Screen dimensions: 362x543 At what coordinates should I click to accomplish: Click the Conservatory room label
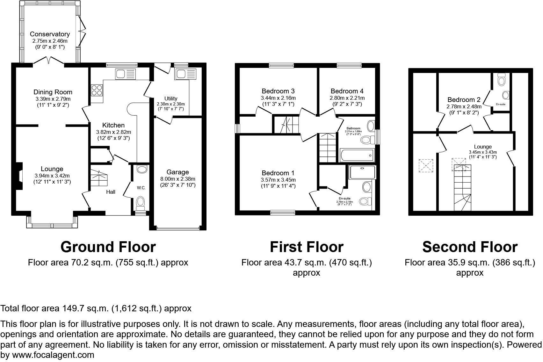pos(50,34)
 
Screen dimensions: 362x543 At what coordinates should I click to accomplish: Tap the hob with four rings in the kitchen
pos(97,90)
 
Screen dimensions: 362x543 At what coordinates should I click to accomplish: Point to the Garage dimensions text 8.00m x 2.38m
pos(177,179)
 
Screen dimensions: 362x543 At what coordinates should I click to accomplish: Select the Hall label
pos(111,192)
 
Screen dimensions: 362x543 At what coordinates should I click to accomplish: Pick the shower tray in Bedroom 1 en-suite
pos(363,172)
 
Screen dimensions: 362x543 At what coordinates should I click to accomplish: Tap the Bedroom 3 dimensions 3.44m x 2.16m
pos(278,98)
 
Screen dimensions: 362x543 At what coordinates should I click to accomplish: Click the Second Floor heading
pos(470,247)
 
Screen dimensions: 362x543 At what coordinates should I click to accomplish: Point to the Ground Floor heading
pos(108,247)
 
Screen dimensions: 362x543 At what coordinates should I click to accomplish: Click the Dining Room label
pos(53,92)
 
